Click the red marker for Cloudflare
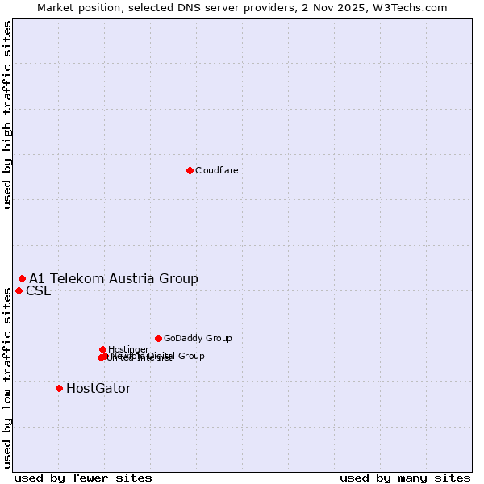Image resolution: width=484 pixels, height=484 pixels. point(190,170)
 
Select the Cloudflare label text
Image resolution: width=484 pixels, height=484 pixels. point(216,170)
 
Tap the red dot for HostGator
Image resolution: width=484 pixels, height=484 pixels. point(59,388)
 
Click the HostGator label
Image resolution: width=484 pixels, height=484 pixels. point(98,388)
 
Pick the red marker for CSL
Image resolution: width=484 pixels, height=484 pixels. point(19,290)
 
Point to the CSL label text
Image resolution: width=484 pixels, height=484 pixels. point(38,290)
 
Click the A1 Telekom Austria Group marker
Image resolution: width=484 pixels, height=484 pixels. point(22,278)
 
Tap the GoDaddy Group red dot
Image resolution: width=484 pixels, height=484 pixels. point(158,338)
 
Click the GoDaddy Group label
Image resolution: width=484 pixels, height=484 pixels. point(198,338)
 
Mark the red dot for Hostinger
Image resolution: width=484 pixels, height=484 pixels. point(102,349)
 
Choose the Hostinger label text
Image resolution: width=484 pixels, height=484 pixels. point(128,349)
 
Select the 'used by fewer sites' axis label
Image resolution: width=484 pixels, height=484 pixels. point(83,478)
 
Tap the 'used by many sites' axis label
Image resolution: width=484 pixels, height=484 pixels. point(405,478)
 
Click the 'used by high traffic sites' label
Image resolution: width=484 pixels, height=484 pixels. point(7,115)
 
